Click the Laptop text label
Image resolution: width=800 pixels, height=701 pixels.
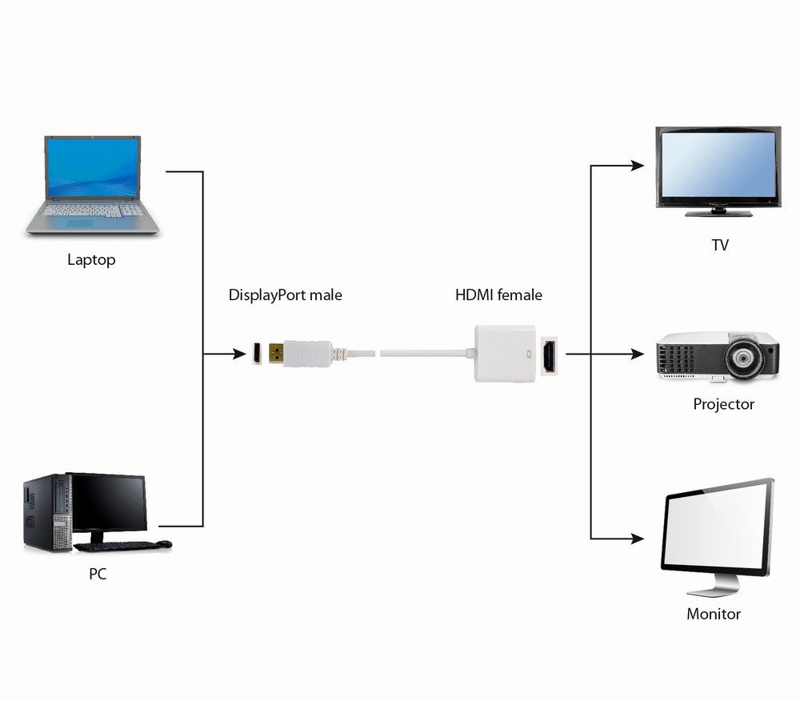[91, 259]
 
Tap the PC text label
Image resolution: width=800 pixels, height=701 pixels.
[97, 574]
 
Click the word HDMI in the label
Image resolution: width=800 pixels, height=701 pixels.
[474, 295]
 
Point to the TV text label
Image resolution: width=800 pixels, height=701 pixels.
[720, 245]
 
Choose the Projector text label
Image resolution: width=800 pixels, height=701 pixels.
[723, 404]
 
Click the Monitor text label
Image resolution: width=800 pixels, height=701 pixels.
[714, 614]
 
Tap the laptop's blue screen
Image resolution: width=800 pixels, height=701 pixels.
[93, 169]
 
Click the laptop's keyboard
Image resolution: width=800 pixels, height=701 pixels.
[93, 212]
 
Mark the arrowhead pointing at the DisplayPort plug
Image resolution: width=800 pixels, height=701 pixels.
[238, 353]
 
